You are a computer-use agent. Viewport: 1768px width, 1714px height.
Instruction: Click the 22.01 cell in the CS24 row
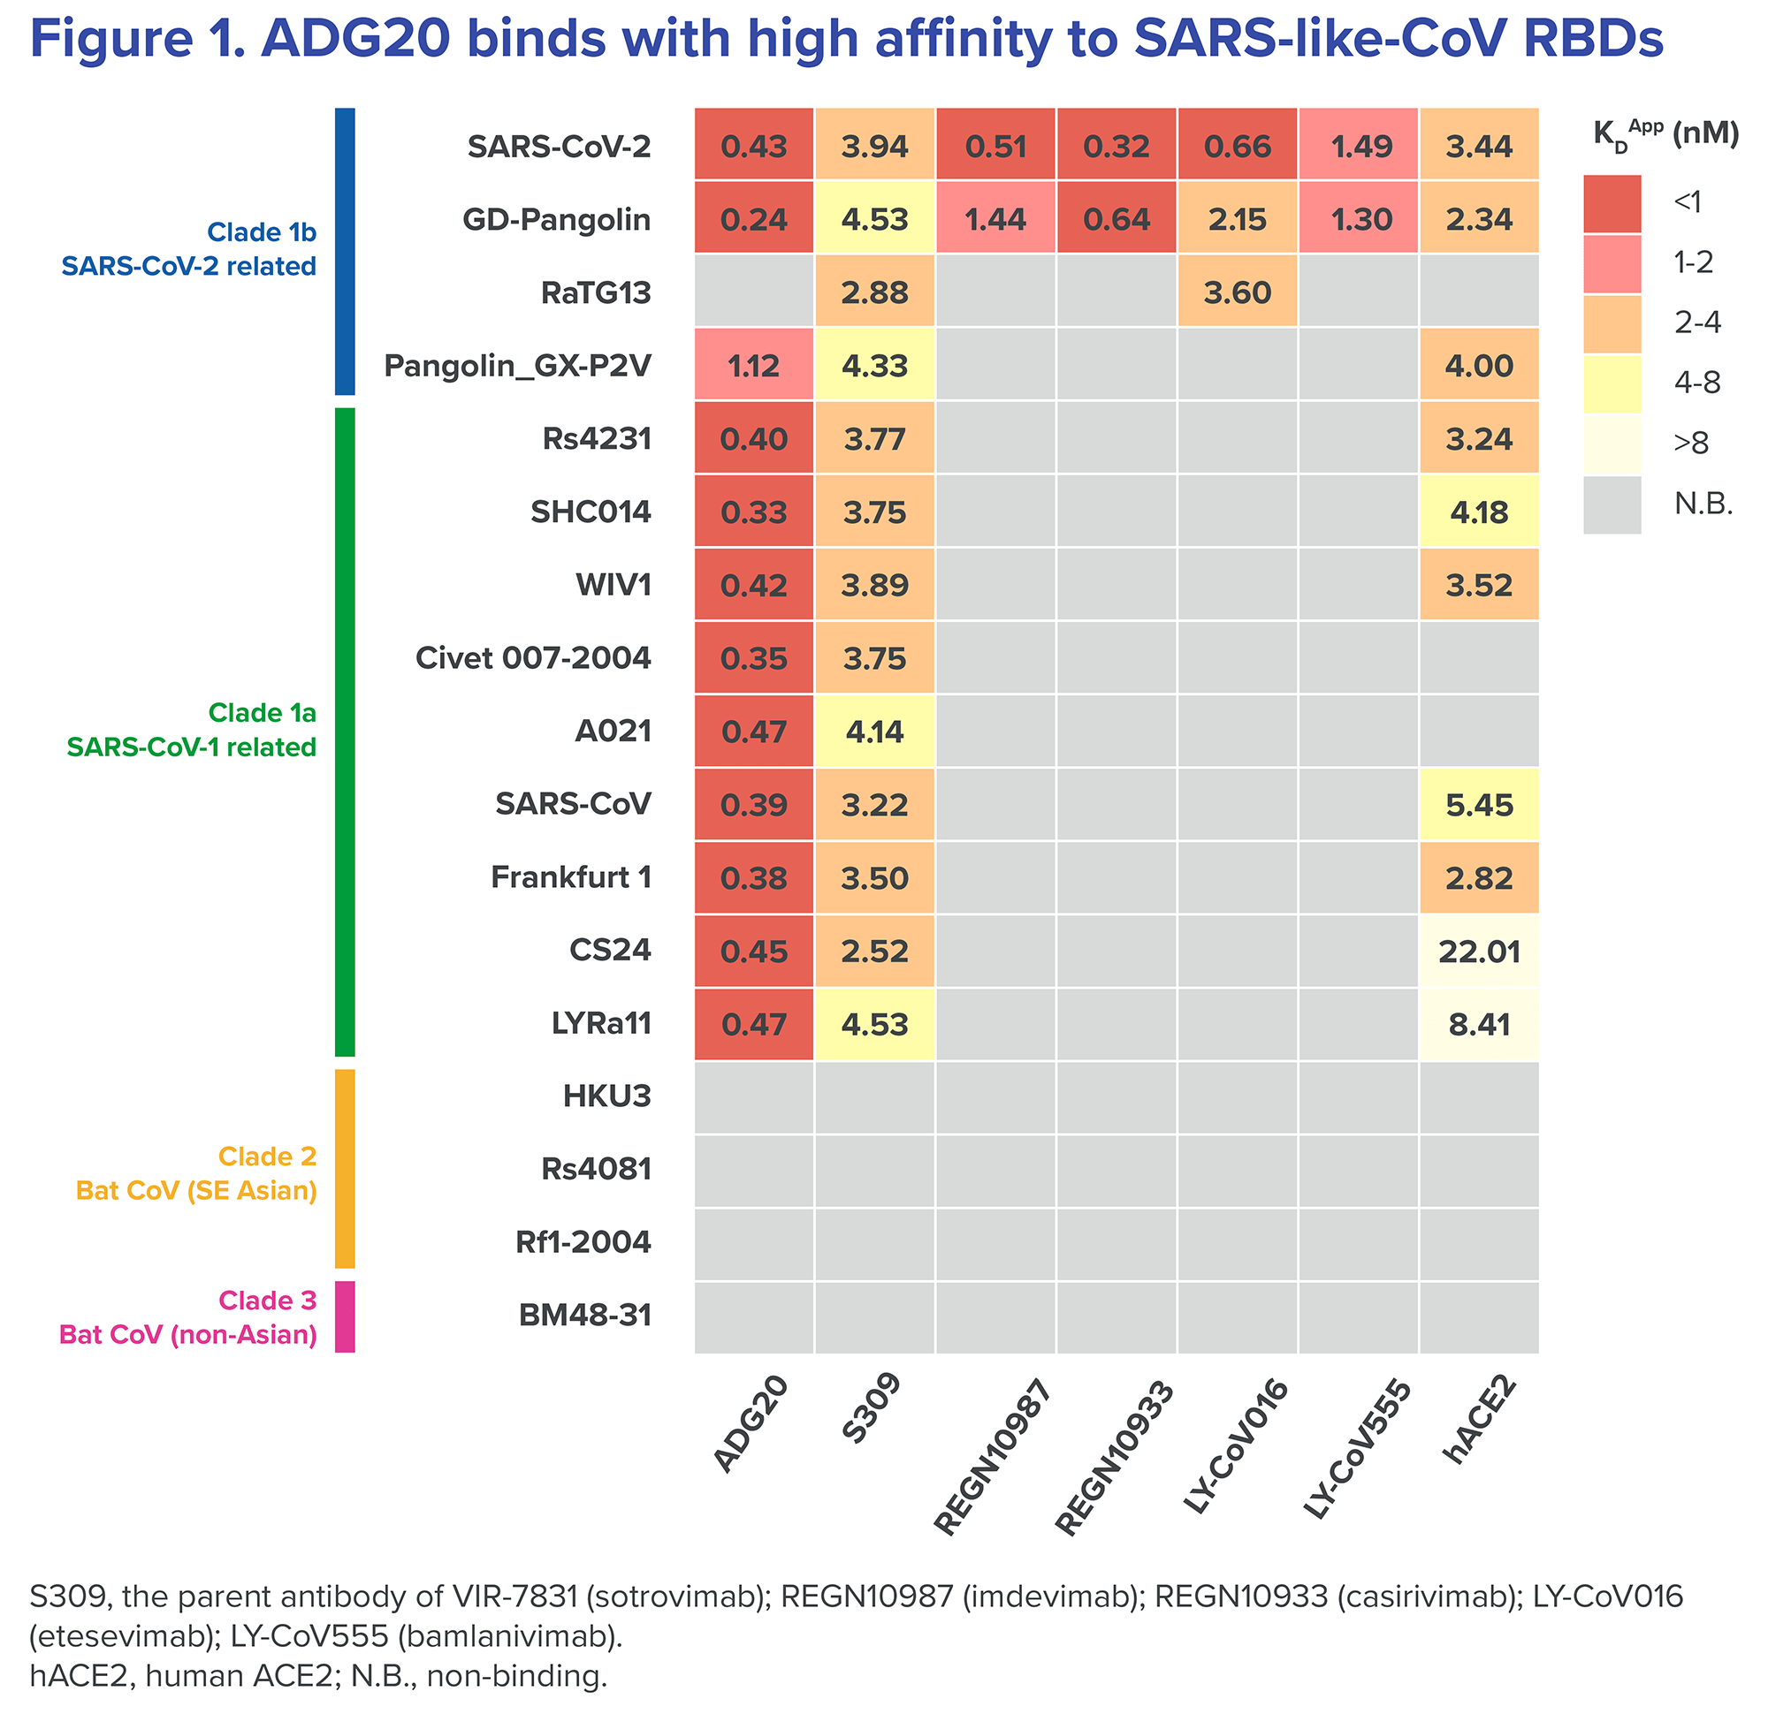(1478, 952)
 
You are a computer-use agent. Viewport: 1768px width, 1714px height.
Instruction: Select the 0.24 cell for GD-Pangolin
(754, 219)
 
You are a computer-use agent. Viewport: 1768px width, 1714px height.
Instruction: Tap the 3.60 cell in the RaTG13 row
(1238, 292)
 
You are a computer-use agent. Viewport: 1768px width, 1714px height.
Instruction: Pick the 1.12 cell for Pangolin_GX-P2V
(754, 366)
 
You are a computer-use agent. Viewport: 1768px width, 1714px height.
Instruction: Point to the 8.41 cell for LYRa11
(1478, 1024)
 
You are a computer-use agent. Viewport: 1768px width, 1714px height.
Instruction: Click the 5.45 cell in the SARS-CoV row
(1478, 804)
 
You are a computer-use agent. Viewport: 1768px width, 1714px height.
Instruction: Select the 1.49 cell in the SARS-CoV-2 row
(1359, 146)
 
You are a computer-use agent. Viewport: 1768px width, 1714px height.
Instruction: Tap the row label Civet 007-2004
(532, 658)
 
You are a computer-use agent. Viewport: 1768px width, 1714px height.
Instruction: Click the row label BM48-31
(584, 1316)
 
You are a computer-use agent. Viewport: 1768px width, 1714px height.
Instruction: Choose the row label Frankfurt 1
(570, 877)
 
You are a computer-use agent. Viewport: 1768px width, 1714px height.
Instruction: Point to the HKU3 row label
(606, 1096)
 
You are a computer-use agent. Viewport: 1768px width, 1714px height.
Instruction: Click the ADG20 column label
(751, 1424)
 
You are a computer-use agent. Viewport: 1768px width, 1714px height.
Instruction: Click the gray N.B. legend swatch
(1612, 504)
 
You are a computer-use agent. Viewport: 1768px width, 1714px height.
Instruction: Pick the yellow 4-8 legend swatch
(1612, 383)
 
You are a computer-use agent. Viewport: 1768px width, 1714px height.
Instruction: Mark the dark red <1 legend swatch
(1612, 204)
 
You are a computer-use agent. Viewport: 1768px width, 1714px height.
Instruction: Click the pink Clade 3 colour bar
(345, 1316)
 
